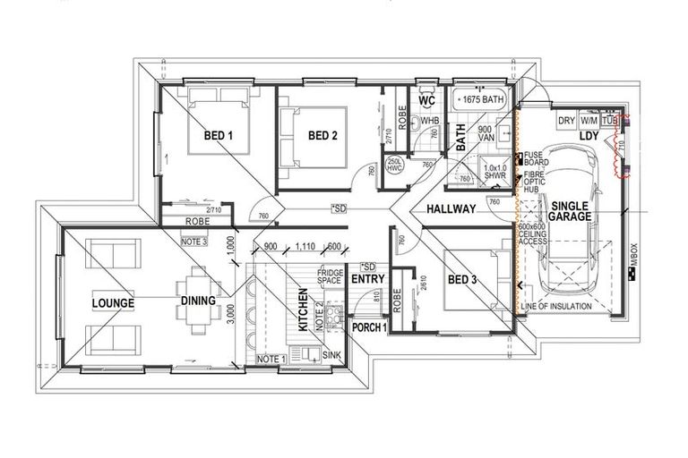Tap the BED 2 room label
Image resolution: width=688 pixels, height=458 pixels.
[322, 136]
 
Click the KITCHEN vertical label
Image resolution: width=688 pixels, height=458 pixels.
[304, 310]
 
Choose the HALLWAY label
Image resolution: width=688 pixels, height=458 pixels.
[450, 209]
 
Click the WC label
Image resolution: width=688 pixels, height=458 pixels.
[426, 101]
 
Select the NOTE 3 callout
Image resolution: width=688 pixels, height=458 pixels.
[193, 242]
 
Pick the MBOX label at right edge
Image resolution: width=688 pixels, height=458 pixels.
[632, 260]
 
